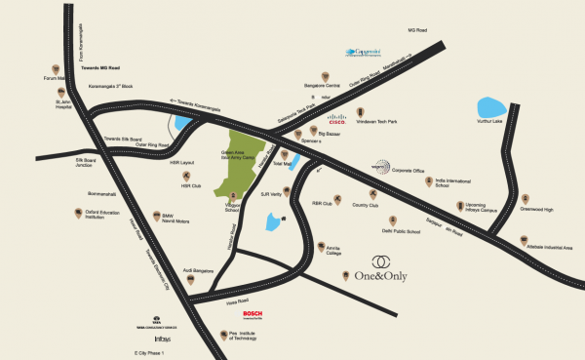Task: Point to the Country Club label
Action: point(365,206)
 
